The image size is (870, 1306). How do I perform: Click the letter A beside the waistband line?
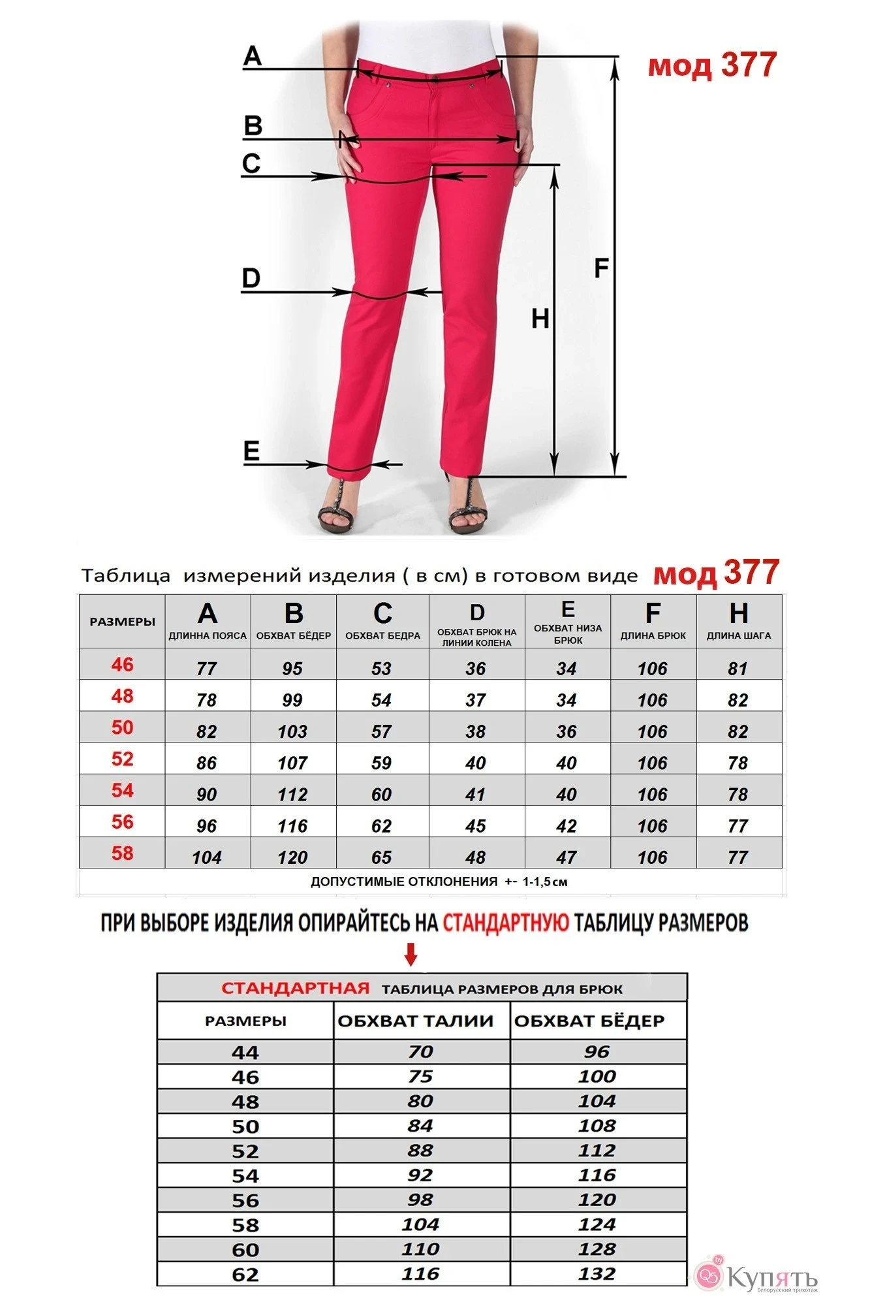point(253,56)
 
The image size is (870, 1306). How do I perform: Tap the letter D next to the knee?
point(251,279)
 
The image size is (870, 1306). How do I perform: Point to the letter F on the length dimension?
point(601,268)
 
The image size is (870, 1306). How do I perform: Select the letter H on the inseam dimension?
point(540,319)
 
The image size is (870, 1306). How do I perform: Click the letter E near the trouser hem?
point(251,451)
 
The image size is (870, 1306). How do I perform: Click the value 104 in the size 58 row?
point(207,857)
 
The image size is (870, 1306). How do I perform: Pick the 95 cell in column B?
point(292,669)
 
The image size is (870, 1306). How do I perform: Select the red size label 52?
point(122,759)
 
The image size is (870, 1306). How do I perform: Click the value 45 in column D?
point(476,826)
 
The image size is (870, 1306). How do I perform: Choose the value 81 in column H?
point(738,669)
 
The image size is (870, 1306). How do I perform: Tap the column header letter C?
point(382,614)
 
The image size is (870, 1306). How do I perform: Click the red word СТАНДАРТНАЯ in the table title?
point(296,988)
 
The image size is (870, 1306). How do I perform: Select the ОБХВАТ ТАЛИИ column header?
point(416,1021)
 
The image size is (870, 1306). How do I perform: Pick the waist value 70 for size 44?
point(421,1052)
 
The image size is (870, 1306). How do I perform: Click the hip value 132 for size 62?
point(597,1273)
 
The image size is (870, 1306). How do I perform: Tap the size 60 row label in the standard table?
point(245,1250)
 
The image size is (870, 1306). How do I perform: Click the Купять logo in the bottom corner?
point(757,1275)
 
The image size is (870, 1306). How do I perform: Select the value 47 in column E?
point(567,857)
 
